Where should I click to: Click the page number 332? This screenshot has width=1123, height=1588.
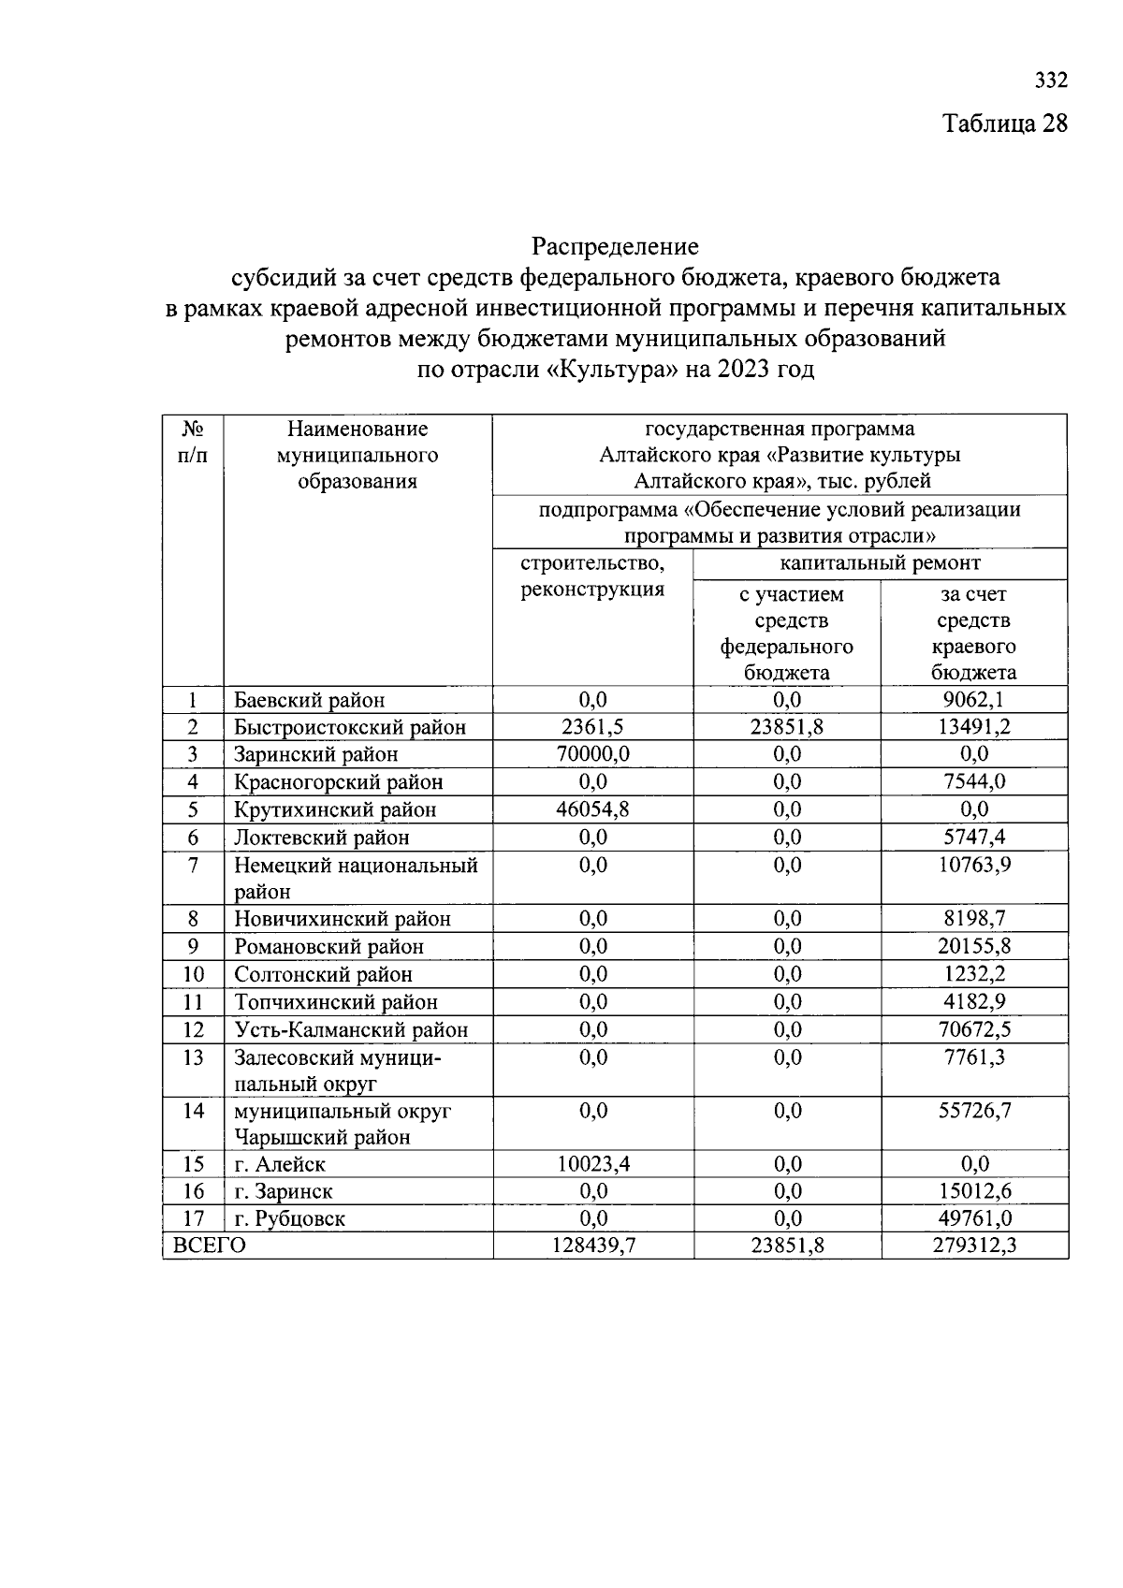pyautogui.click(x=1051, y=80)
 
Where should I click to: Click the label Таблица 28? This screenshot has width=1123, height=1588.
pyautogui.click(x=1004, y=124)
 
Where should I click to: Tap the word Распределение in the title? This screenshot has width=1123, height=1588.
pyautogui.click(x=615, y=247)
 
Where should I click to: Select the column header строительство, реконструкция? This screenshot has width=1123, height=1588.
pyautogui.click(x=592, y=575)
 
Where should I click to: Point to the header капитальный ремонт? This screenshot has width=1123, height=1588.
pyautogui.click(x=880, y=563)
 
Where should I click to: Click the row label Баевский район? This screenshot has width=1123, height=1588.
pyautogui.click(x=309, y=700)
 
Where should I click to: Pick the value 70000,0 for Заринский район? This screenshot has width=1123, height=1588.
pyautogui.click(x=592, y=754)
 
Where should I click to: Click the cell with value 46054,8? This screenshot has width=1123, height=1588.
pyautogui.click(x=592, y=809)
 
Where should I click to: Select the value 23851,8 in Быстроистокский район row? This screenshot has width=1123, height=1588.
pyautogui.click(x=787, y=727)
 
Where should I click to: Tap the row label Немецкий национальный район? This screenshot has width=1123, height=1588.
pyautogui.click(x=356, y=878)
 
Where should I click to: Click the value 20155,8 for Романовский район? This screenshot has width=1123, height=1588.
pyautogui.click(x=974, y=946)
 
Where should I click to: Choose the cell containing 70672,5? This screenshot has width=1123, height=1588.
pyautogui.click(x=974, y=1029)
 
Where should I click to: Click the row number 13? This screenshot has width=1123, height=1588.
pyautogui.click(x=193, y=1057)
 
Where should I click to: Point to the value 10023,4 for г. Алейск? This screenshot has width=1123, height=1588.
pyautogui.click(x=592, y=1164)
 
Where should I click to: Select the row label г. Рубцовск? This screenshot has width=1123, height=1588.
pyautogui.click(x=289, y=1218)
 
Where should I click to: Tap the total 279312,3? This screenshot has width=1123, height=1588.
pyautogui.click(x=974, y=1246)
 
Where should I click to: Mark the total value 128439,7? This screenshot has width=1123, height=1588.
pyautogui.click(x=592, y=1246)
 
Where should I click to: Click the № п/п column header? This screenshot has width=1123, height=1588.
pyautogui.click(x=193, y=442)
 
